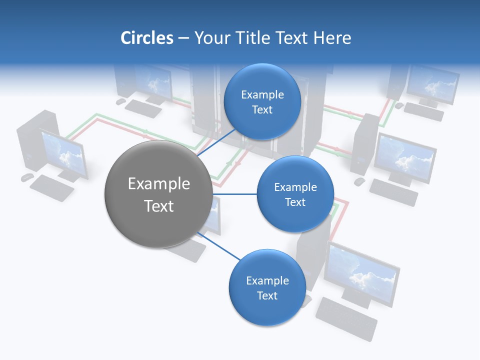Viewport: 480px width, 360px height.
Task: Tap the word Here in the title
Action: point(332,38)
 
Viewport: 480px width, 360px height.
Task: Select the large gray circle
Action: point(158,194)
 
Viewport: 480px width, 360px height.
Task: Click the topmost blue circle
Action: point(262,101)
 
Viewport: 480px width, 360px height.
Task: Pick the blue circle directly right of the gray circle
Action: point(295,194)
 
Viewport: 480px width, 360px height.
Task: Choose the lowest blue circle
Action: point(267,287)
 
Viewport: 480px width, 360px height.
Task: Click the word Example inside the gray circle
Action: point(159,183)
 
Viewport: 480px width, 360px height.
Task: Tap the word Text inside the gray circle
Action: point(159,206)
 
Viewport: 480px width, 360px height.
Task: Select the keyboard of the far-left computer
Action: point(51,188)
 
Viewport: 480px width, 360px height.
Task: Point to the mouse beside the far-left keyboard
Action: point(26,177)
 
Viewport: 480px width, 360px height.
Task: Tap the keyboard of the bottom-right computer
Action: point(346,318)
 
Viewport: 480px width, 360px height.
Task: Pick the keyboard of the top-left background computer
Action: point(143,108)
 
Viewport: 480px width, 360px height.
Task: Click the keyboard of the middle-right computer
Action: point(393,192)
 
